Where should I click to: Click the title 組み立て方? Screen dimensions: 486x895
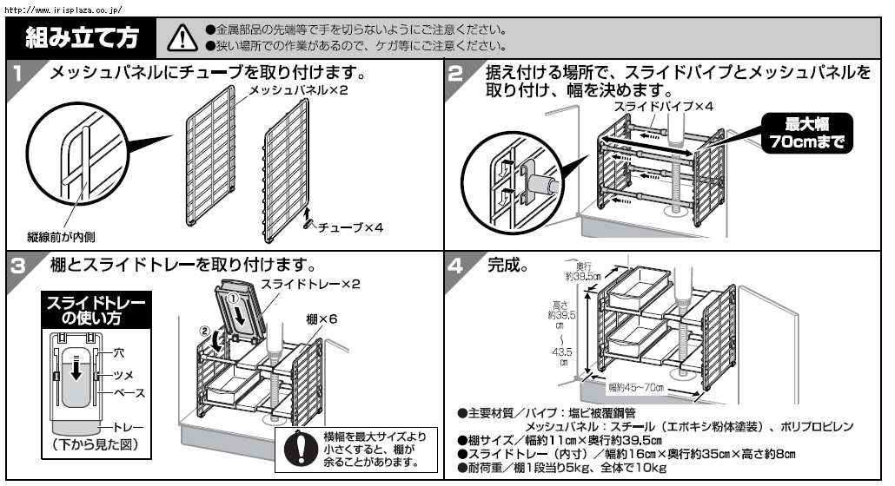click(83, 37)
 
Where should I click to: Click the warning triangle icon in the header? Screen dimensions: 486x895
click(182, 37)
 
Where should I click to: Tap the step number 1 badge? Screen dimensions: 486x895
click(19, 73)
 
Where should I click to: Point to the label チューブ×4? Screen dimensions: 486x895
click(350, 227)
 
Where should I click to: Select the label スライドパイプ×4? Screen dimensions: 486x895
click(664, 106)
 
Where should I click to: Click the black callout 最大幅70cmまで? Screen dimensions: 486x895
click(806, 134)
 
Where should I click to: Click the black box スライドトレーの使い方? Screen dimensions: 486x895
click(96, 311)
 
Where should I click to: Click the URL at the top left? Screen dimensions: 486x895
click(63, 10)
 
